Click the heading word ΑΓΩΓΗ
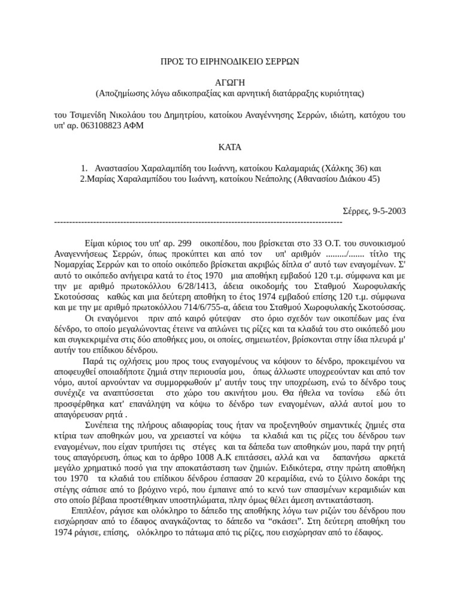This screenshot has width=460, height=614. click(x=230, y=82)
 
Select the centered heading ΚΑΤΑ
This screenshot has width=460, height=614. click(x=230, y=146)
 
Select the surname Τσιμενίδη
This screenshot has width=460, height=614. click(x=86, y=115)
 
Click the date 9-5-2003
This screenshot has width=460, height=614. click(x=389, y=210)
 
